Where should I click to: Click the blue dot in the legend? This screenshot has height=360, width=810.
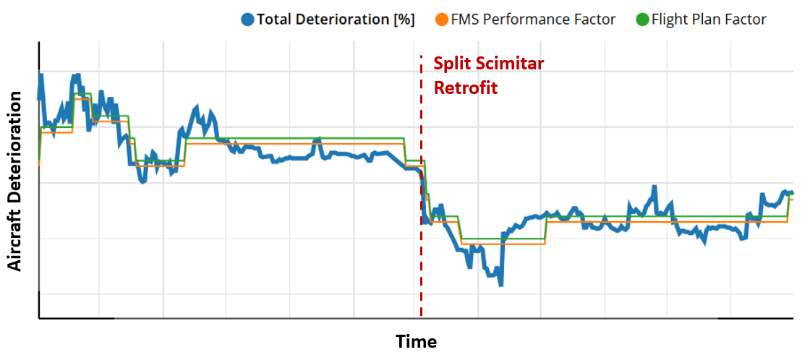tap(248, 20)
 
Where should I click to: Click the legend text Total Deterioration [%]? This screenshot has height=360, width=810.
tap(336, 20)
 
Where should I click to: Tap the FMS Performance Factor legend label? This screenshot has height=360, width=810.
tap(533, 20)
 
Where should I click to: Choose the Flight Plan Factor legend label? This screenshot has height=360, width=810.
tap(709, 20)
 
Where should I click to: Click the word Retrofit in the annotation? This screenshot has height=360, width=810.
tap(466, 88)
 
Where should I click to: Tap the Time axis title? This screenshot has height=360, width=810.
tap(416, 341)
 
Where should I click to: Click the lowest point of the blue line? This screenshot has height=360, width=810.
tap(500, 284)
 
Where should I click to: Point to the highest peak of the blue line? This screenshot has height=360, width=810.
tap(41, 75)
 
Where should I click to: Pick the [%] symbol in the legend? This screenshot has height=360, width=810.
tap(404, 20)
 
